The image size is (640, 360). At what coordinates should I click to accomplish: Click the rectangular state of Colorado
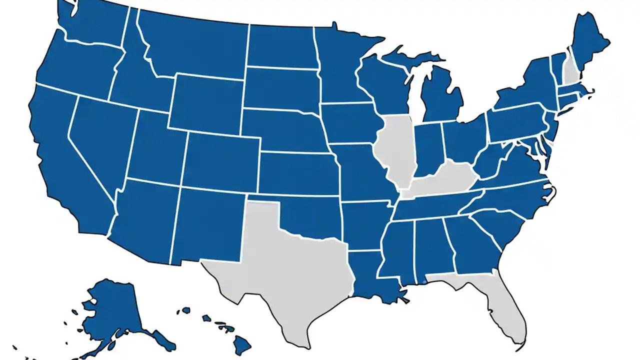[x=220, y=160]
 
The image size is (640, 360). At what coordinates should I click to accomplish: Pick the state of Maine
[x=590, y=40]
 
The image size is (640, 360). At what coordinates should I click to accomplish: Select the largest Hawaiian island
[x=242, y=344]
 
